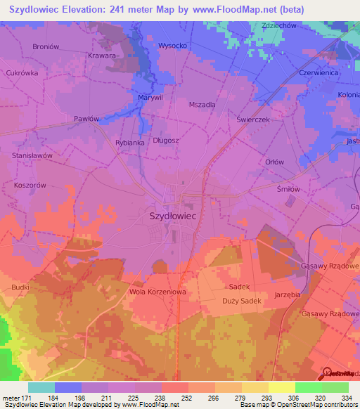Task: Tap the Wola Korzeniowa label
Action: [157, 291]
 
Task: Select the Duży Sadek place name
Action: [241, 301]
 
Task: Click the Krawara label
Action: [102, 55]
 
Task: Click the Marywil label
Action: [150, 97]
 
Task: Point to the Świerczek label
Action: [258, 119]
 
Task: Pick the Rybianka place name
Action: [129, 142]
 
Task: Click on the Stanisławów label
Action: [32, 155]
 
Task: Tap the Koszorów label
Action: [29, 185]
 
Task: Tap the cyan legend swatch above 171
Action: [41, 387]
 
